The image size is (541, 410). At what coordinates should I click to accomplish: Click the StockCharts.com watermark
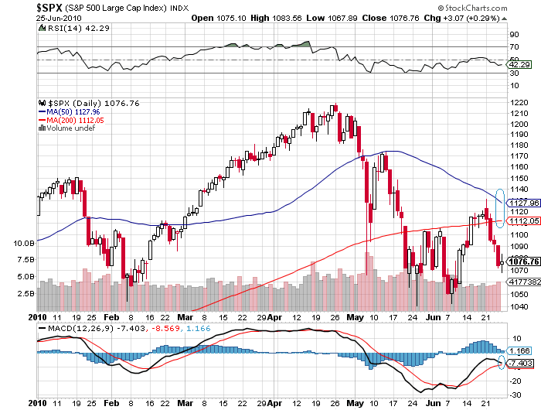[x=498, y=8]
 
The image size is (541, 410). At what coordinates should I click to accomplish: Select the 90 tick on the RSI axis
[x=512, y=35]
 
